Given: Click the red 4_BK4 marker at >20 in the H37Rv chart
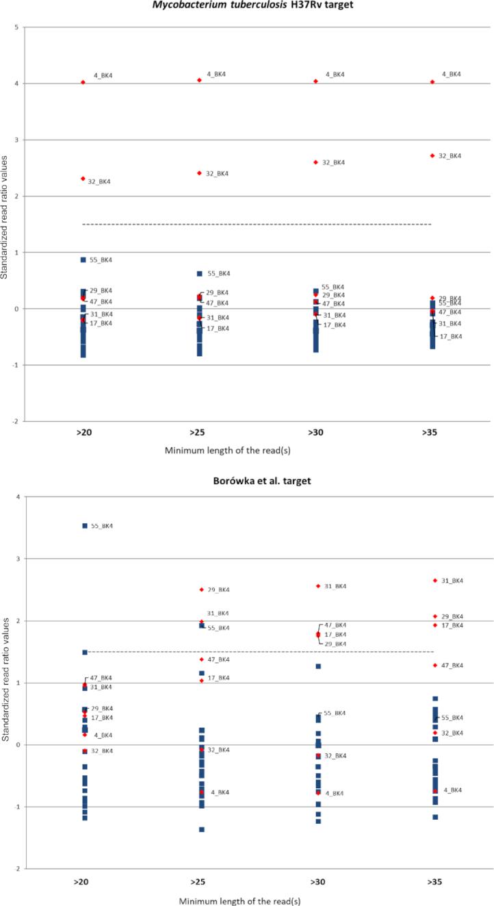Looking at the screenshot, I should (x=83, y=82).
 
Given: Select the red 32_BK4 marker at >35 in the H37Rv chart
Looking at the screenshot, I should (x=432, y=155).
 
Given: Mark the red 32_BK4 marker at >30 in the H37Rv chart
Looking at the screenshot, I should (x=315, y=162).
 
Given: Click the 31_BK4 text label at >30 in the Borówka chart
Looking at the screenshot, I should (x=335, y=586).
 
